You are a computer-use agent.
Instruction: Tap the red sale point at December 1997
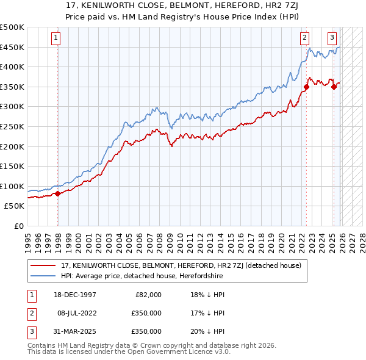click(58, 193)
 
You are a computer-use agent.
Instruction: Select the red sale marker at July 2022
click(306, 87)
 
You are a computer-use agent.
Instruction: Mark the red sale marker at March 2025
click(334, 87)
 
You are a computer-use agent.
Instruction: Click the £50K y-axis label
click(15, 206)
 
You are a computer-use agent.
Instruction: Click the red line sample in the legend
click(44, 265)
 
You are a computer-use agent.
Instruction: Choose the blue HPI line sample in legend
click(44, 276)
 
